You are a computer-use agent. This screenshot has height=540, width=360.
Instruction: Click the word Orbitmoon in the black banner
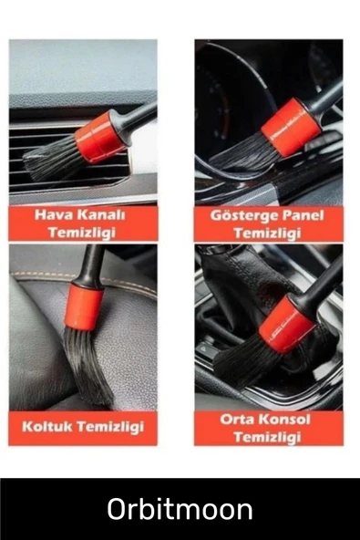pos(180,509)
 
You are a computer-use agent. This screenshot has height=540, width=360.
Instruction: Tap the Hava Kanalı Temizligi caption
pos(83,223)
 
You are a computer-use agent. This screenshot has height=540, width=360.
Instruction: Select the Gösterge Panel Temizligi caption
pos(267,223)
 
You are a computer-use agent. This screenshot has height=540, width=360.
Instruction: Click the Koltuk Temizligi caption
pos(83,426)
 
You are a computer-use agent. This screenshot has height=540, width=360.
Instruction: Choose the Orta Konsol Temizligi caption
pos(268,428)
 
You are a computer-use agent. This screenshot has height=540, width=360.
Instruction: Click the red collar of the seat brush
pos(86,306)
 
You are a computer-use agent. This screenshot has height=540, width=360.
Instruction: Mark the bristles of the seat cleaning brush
pos(87,365)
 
